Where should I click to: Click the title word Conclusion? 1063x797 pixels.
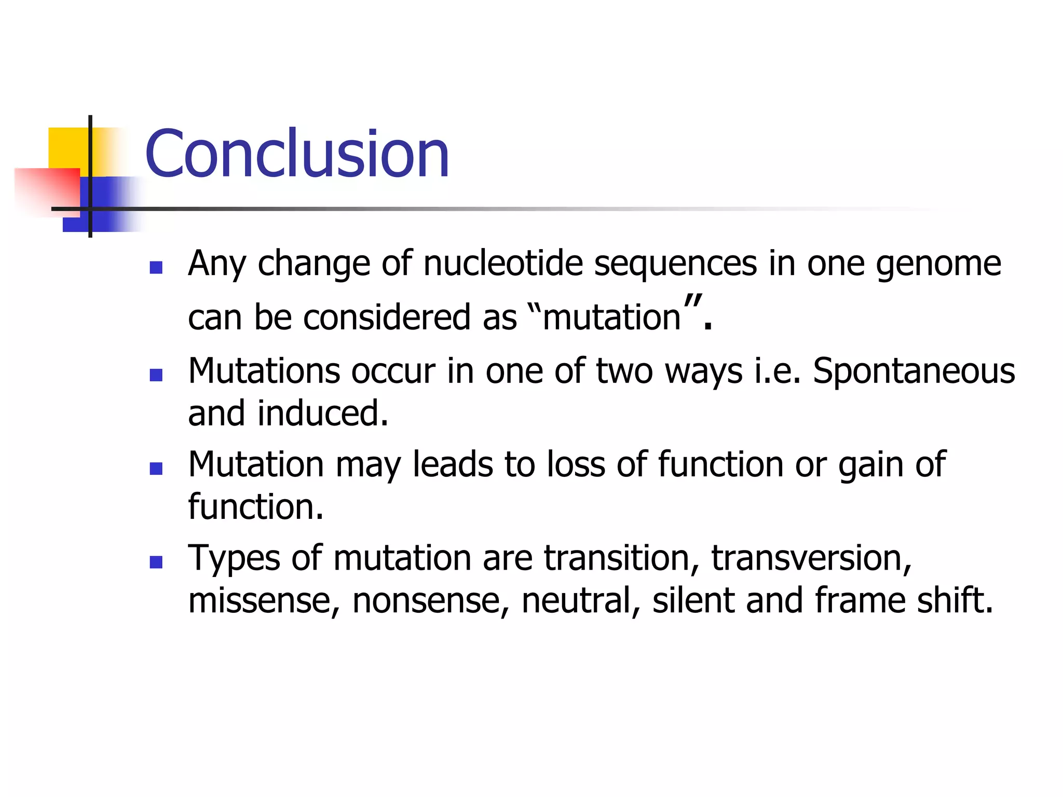click(297, 154)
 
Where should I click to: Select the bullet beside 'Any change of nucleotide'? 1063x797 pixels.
click(156, 267)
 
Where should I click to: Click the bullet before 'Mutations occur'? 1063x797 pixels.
click(156, 375)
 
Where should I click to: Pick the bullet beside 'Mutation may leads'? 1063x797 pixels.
click(156, 469)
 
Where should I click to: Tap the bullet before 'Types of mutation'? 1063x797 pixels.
click(156, 562)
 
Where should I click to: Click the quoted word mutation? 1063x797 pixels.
click(611, 317)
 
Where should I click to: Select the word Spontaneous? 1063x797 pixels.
click(914, 372)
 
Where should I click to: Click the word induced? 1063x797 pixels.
click(323, 414)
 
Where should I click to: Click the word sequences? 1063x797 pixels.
click(675, 264)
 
